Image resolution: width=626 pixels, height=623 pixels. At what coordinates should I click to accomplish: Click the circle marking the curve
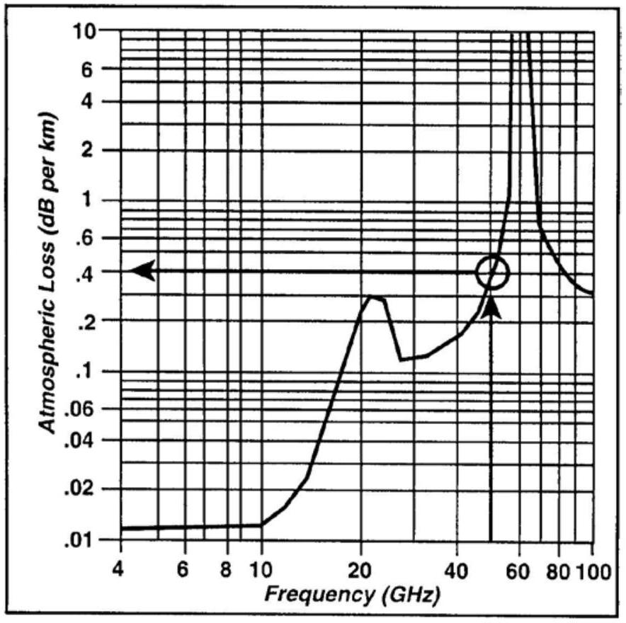pos(492,273)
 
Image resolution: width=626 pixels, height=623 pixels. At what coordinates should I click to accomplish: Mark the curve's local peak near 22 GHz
pos(373,297)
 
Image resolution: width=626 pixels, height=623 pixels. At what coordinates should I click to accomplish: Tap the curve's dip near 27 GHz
pos(401,360)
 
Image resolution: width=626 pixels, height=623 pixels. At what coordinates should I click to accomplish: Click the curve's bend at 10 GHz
pos(262,525)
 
